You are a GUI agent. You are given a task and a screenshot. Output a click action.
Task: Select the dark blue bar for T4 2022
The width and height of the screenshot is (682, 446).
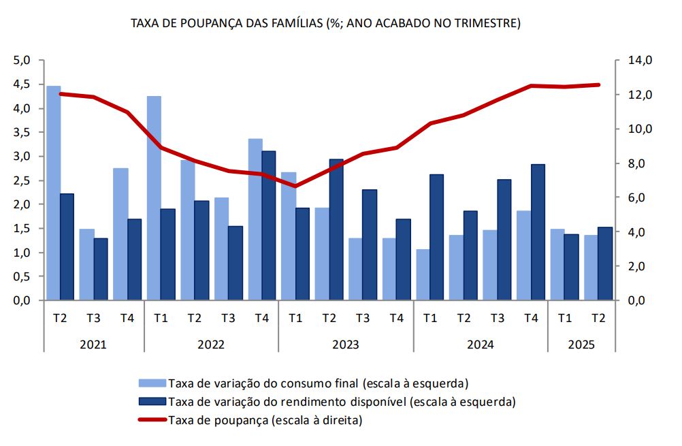click(269, 225)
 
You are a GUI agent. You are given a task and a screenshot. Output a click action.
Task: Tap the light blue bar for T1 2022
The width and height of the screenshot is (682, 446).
click(154, 198)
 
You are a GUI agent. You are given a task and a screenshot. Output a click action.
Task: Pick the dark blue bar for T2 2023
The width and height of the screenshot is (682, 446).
click(336, 229)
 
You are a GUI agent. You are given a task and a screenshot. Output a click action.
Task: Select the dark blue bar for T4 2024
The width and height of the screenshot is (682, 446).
click(538, 232)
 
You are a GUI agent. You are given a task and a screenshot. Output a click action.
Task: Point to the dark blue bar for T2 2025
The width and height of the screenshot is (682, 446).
click(605, 264)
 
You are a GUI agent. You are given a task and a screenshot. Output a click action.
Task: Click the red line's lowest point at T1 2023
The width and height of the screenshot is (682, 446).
click(295, 186)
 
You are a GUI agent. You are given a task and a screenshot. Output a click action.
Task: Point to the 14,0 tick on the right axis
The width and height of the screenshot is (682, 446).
click(640, 61)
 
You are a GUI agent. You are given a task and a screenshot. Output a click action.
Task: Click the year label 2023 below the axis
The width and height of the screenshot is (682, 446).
click(345, 345)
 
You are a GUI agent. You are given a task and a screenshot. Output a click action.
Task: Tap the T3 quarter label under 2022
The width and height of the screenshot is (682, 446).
click(227, 318)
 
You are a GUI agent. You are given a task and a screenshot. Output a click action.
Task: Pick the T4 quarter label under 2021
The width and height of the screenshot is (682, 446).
click(127, 318)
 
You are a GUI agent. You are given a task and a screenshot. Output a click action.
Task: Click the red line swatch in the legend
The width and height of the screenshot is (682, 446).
click(152, 420)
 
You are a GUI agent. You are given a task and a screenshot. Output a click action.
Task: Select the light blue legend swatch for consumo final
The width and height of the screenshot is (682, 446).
click(152, 382)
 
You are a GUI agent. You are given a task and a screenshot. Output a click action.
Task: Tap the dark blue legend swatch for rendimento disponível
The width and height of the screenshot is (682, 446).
click(152, 401)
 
